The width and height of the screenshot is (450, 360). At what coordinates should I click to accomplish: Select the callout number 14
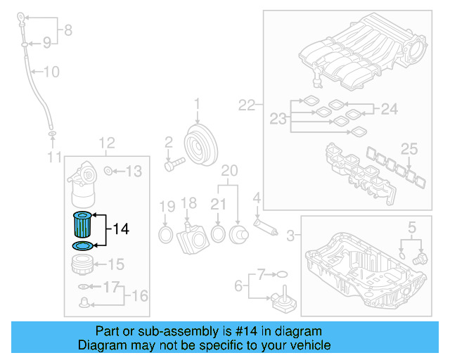click(x=121, y=229)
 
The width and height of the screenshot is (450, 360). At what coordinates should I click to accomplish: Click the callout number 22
click(x=246, y=105)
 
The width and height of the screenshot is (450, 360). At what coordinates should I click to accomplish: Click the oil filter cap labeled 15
click(x=82, y=265)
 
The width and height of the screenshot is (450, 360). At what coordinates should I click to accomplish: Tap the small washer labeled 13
click(x=108, y=171)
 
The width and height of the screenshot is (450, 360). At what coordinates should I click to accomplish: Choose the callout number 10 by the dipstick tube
click(x=52, y=71)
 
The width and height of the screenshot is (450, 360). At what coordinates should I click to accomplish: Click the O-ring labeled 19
click(x=166, y=233)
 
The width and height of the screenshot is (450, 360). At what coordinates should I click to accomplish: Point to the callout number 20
click(x=229, y=171)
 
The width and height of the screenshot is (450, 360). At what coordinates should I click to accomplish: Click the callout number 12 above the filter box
click(x=105, y=143)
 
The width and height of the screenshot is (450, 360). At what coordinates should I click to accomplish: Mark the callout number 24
click(x=389, y=109)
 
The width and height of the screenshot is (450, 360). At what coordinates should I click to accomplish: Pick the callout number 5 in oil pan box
click(x=411, y=226)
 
